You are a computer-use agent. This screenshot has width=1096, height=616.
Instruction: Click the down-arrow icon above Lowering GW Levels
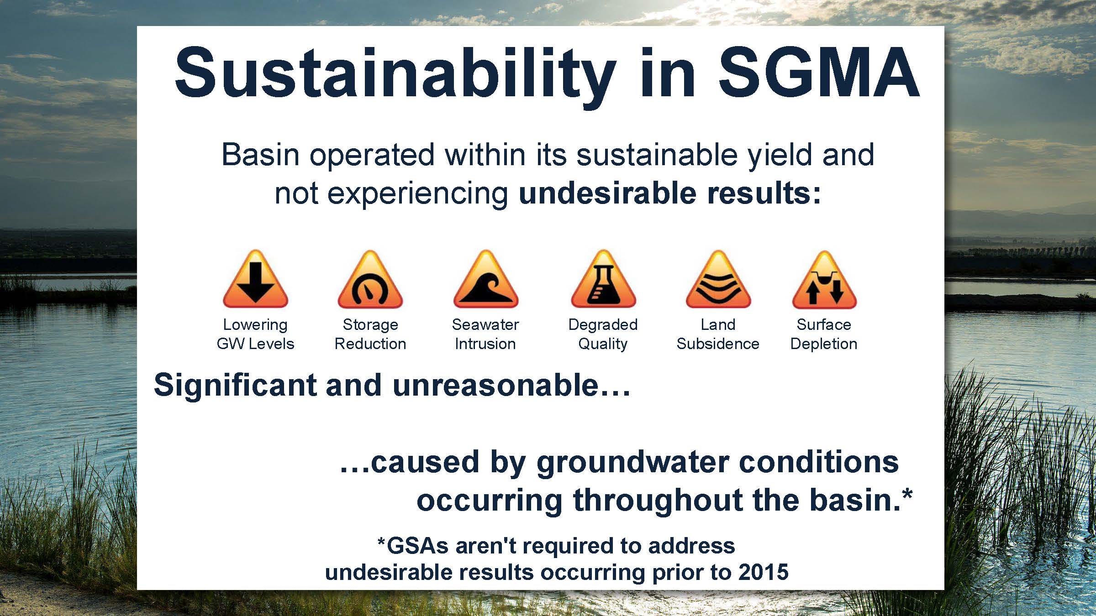coord(255,279)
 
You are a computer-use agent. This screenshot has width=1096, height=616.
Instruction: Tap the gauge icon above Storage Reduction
coord(370,279)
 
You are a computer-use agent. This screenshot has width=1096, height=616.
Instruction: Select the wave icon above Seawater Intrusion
coord(485,279)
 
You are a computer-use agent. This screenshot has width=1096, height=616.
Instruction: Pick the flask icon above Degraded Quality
coord(603,279)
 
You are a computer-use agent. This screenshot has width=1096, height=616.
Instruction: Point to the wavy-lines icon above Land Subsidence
coord(718,279)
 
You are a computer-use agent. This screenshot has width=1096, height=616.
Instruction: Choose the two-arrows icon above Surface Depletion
coord(824,279)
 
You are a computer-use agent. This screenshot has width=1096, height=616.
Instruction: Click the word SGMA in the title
coord(819,73)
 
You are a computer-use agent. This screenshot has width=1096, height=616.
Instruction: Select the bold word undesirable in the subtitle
coord(608,193)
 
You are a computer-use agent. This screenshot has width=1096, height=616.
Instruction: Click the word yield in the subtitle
coord(780,156)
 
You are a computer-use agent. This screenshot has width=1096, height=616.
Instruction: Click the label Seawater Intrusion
coord(485,334)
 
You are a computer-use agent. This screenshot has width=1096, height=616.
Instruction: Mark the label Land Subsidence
coord(718,334)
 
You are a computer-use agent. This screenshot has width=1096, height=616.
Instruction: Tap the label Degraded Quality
coord(603,334)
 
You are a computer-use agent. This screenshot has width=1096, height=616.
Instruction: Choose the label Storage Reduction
coord(370,334)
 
